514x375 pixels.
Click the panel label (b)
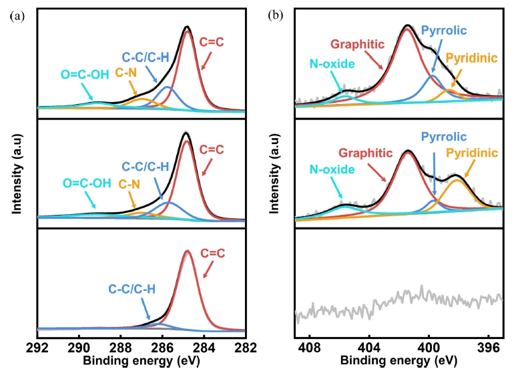click(274, 15)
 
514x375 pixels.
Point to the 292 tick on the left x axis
click(37, 346)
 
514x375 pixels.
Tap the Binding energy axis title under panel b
click(399, 361)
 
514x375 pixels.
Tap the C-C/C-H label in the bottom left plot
click(132, 289)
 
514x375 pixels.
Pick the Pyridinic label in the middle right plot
click(472, 153)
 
